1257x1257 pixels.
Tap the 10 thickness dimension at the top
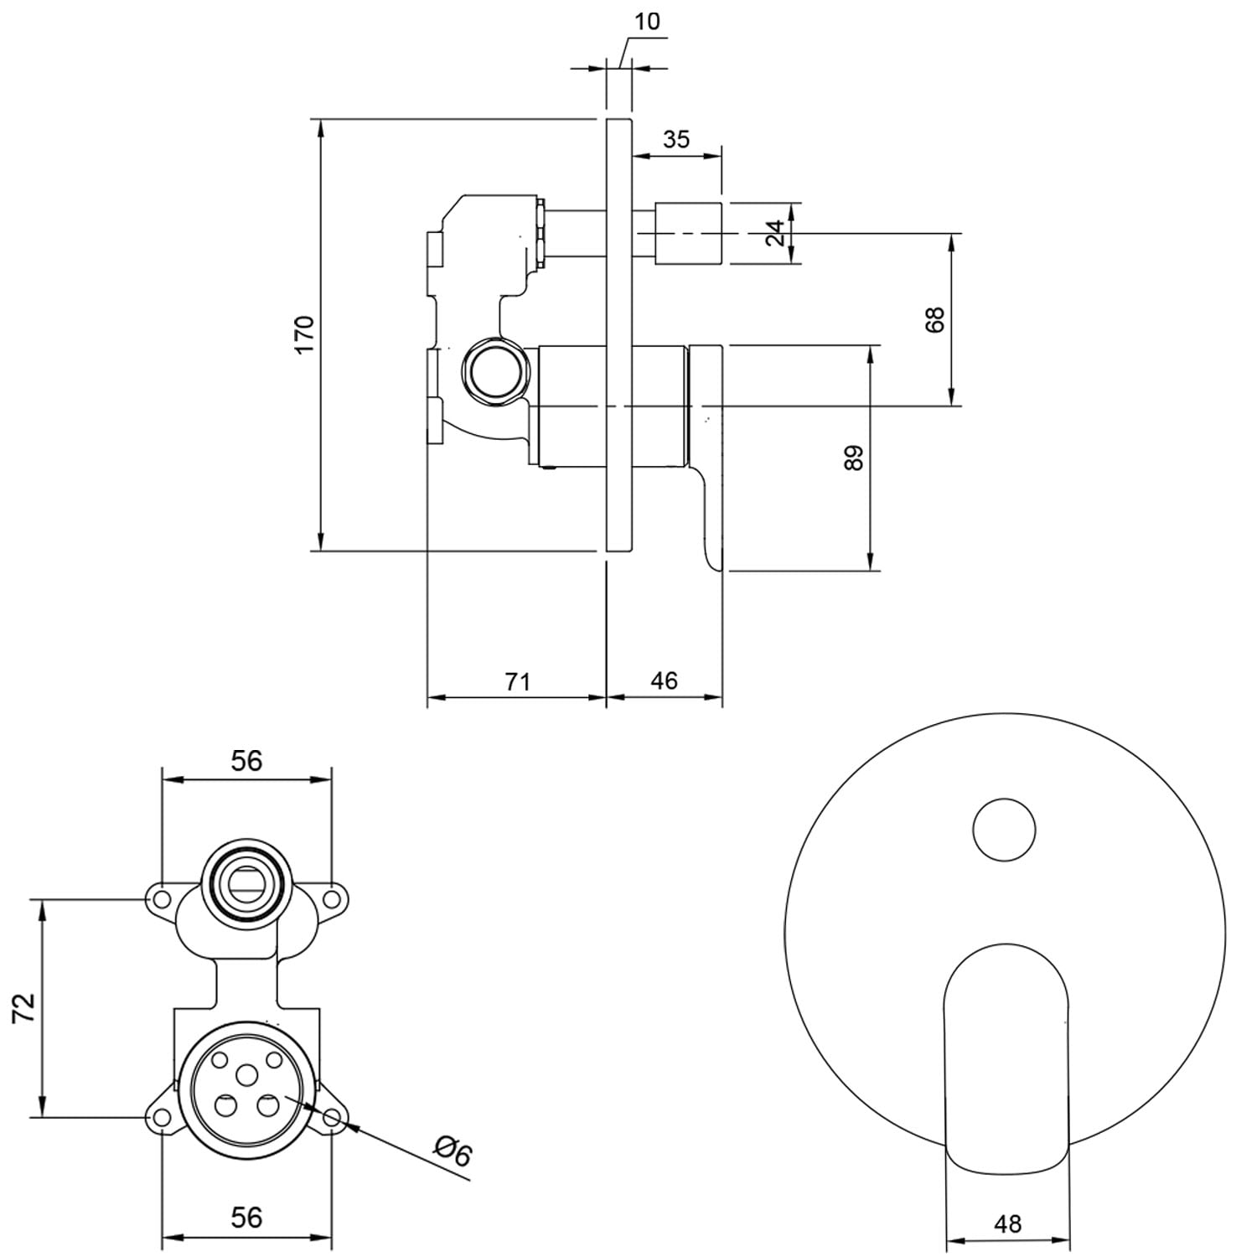[648, 22]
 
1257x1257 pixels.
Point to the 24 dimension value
[777, 233]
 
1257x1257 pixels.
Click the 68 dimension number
[934, 319]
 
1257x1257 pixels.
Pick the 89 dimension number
[853, 458]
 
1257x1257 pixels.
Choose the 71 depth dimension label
[518, 681]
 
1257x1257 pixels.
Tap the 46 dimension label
[664, 681]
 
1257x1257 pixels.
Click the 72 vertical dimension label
[25, 1007]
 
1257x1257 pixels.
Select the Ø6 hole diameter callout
[453, 1152]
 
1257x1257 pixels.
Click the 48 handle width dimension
[1007, 1224]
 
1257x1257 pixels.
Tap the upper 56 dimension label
[246, 761]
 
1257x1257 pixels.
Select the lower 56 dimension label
[246, 1217]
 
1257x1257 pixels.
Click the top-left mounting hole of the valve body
[162, 900]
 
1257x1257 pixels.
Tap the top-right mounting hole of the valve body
[332, 900]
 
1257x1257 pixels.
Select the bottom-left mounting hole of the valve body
[161, 1118]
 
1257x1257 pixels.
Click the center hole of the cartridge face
[247, 1075]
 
